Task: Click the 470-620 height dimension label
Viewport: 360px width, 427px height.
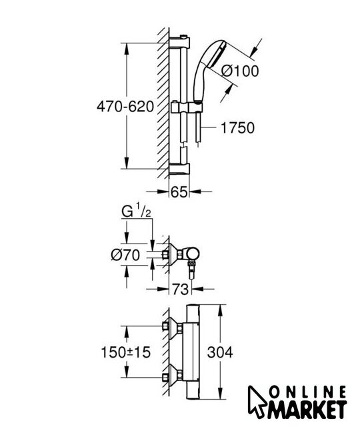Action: [x=125, y=107]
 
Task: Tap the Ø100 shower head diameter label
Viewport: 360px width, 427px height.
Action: [x=240, y=71]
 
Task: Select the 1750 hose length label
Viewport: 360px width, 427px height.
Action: [x=237, y=127]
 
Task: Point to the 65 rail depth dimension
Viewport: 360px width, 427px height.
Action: [x=179, y=192]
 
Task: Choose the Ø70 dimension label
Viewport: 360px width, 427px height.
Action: [x=125, y=256]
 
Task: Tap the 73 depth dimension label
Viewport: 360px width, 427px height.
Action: [x=181, y=289]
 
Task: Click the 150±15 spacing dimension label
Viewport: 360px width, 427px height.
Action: [x=126, y=352]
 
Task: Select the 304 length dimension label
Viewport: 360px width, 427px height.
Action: [x=220, y=352]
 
